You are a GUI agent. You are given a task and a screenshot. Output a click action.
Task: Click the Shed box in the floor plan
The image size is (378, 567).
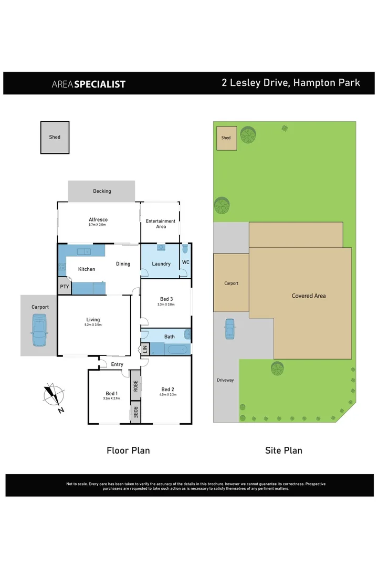point(55,138)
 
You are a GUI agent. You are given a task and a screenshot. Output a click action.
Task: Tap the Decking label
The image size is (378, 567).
point(102,191)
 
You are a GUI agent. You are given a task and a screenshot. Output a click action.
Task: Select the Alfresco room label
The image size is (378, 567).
point(98,221)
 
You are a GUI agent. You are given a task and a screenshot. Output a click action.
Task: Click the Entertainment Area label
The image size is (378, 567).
point(161,224)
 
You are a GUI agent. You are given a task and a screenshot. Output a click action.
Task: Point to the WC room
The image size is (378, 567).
point(185,262)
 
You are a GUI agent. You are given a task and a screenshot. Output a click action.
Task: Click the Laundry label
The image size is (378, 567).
point(161,264)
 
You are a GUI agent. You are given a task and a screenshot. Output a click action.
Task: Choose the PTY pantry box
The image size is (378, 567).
point(64,287)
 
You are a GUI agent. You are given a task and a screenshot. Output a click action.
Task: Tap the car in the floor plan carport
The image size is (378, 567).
point(39,331)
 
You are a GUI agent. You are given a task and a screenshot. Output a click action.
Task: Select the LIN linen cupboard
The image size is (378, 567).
point(145,349)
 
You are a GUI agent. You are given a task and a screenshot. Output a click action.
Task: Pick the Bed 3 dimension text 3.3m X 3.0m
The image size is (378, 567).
point(166,304)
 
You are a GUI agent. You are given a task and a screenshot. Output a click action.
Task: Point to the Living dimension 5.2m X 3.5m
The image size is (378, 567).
point(93,325)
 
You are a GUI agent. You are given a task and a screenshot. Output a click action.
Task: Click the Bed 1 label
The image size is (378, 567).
point(111,394)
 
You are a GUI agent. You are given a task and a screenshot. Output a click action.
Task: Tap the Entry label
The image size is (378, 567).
point(117,364)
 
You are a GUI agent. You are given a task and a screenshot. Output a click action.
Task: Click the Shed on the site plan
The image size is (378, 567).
point(226,138)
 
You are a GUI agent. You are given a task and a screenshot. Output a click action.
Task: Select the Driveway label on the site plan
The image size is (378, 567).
point(225,380)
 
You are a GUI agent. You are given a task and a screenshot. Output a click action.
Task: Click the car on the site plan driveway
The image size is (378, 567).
point(229,329)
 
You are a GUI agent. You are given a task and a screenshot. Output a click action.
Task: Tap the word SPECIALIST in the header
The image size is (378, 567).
point(100,84)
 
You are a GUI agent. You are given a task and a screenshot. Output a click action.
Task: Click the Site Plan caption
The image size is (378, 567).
point(284,450)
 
